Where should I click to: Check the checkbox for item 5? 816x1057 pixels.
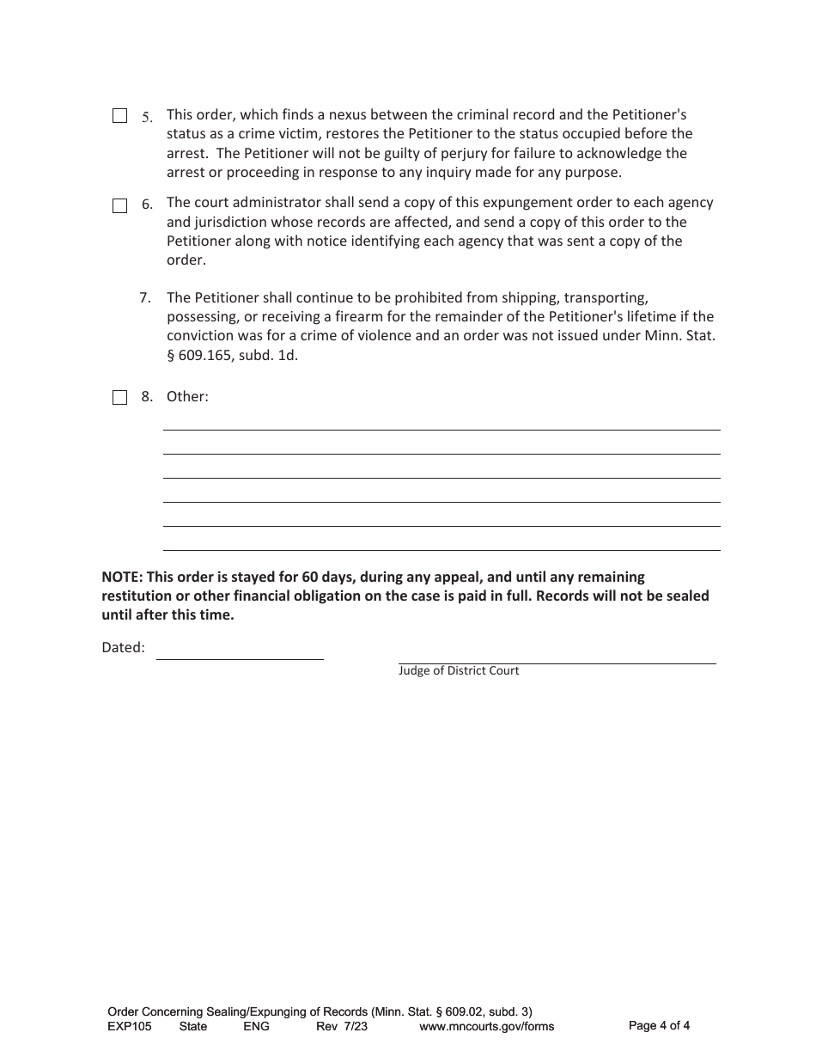click(x=120, y=116)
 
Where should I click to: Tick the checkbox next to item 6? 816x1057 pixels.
click(x=120, y=205)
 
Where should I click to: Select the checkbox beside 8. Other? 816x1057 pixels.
click(x=120, y=397)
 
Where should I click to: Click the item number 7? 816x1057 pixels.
click(x=145, y=298)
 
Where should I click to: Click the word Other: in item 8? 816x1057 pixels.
click(x=187, y=397)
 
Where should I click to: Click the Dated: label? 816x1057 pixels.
click(x=124, y=648)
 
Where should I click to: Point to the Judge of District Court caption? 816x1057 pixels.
click(x=459, y=670)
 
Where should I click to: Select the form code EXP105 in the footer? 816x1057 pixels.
click(x=130, y=1026)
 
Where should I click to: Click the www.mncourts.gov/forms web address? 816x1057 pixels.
click(x=486, y=1026)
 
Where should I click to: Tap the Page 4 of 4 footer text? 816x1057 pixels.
click(x=659, y=1025)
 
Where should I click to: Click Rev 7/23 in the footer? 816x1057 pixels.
click(x=342, y=1026)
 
